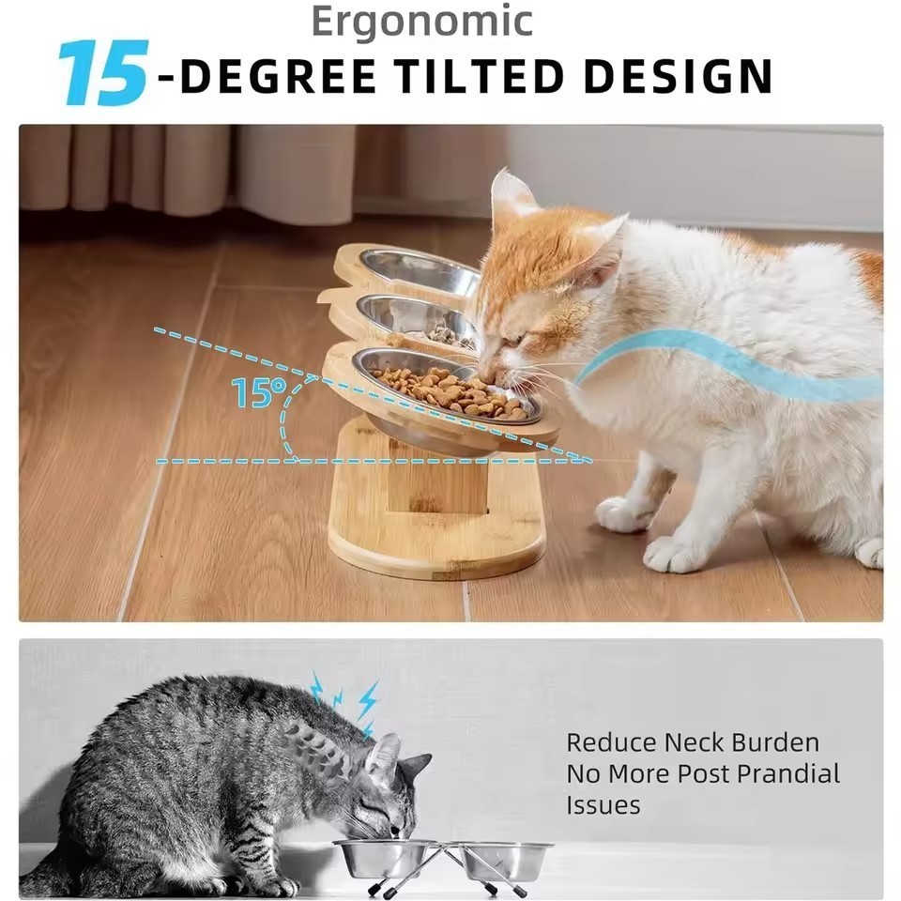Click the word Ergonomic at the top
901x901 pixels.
pos(421,21)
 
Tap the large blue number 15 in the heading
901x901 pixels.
pos(102,74)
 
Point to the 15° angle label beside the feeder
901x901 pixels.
pos(256,392)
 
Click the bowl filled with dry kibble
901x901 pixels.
pos(449,389)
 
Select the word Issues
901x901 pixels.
pos(603,805)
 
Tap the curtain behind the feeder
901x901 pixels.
pos(188,174)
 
